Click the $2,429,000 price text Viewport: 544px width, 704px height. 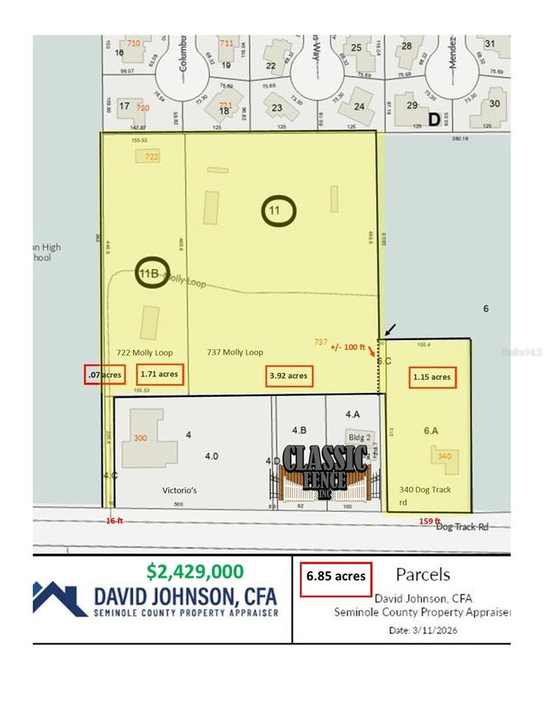click(x=195, y=571)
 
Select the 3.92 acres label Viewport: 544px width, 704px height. click(x=288, y=376)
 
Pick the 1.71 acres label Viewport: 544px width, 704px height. click(x=159, y=374)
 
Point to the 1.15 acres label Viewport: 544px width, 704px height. click(x=431, y=376)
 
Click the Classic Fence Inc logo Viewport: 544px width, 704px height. click(x=324, y=472)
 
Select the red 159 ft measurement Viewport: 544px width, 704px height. click(x=430, y=520)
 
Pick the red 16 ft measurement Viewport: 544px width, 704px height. click(x=114, y=521)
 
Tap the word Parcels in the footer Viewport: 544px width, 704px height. click(x=422, y=573)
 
